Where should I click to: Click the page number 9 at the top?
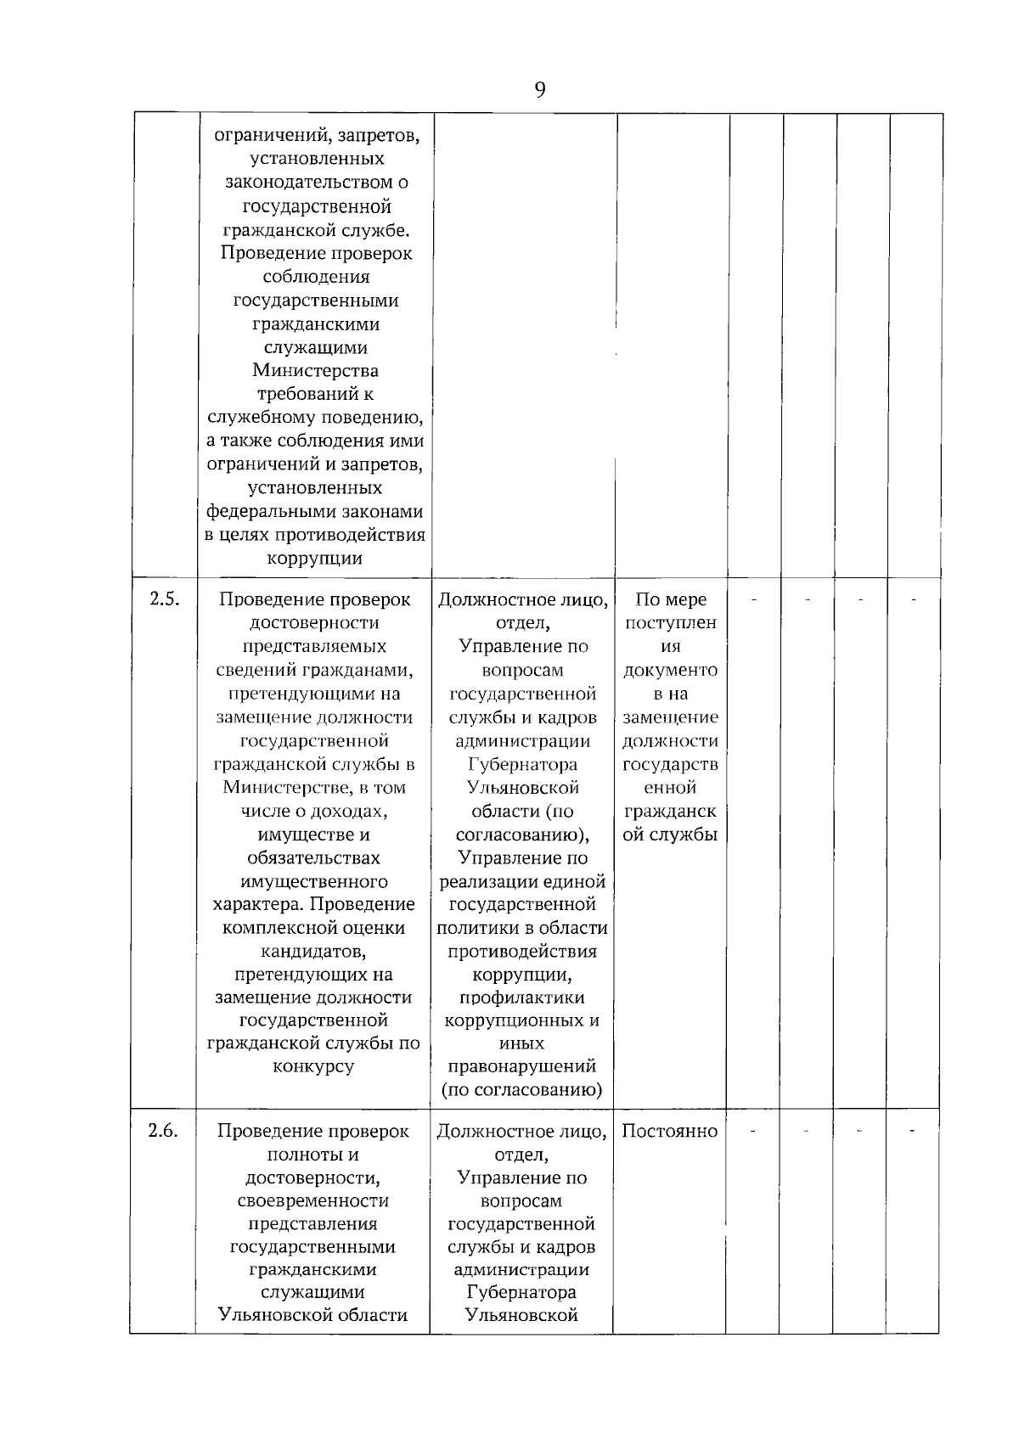pos(540,89)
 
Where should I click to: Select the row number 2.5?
pos(165,599)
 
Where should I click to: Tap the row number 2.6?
pos(163,1130)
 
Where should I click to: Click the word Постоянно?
pos(670,1131)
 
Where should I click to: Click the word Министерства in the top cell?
pos(316,371)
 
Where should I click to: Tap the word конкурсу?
pos(313,1066)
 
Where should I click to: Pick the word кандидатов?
pos(313,951)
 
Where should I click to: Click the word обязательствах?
pos(313,857)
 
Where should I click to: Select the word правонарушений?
pos(522,1066)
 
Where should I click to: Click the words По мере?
pos(671,599)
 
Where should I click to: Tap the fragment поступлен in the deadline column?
pos(671,622)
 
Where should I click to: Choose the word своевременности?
pos(313,1200)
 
